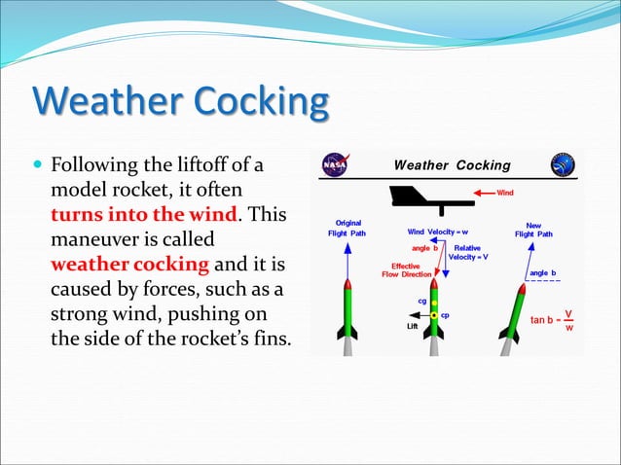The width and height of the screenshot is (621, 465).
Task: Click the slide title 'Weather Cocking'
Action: point(181,102)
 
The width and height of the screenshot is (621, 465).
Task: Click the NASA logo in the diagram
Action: point(336,163)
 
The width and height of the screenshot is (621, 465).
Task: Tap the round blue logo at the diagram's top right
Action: point(563,163)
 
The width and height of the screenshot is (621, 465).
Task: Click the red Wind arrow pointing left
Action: point(487,193)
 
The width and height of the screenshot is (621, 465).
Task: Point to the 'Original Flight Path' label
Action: point(349,228)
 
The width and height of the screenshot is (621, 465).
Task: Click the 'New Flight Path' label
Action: point(533,229)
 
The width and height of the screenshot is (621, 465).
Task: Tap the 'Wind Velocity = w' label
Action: point(436,232)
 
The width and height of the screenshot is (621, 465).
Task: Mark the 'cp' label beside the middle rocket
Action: point(445,315)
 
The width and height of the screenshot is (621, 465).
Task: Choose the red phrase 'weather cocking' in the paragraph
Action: point(129,264)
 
